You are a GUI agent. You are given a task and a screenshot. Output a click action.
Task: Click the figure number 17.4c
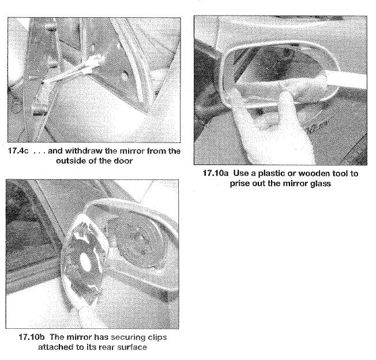pos(18,151)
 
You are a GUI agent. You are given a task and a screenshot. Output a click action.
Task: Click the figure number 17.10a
pos(216,173)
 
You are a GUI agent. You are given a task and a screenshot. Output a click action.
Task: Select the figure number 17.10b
pos(32,337)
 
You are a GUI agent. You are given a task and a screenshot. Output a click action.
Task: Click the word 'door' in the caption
pos(123,161)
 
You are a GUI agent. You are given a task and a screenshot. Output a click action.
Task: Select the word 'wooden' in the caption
pos(314,173)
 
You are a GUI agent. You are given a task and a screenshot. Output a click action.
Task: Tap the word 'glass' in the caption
pos(320,183)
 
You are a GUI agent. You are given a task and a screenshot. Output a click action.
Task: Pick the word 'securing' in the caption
pos(127,337)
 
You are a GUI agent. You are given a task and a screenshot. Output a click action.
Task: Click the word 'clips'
pos(157,337)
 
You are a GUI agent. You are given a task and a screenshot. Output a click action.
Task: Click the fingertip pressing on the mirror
pos(285,95)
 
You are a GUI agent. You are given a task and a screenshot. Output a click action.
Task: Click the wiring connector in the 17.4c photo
pos(96,62)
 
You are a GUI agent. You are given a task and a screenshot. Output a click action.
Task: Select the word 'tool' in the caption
pos(341,173)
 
